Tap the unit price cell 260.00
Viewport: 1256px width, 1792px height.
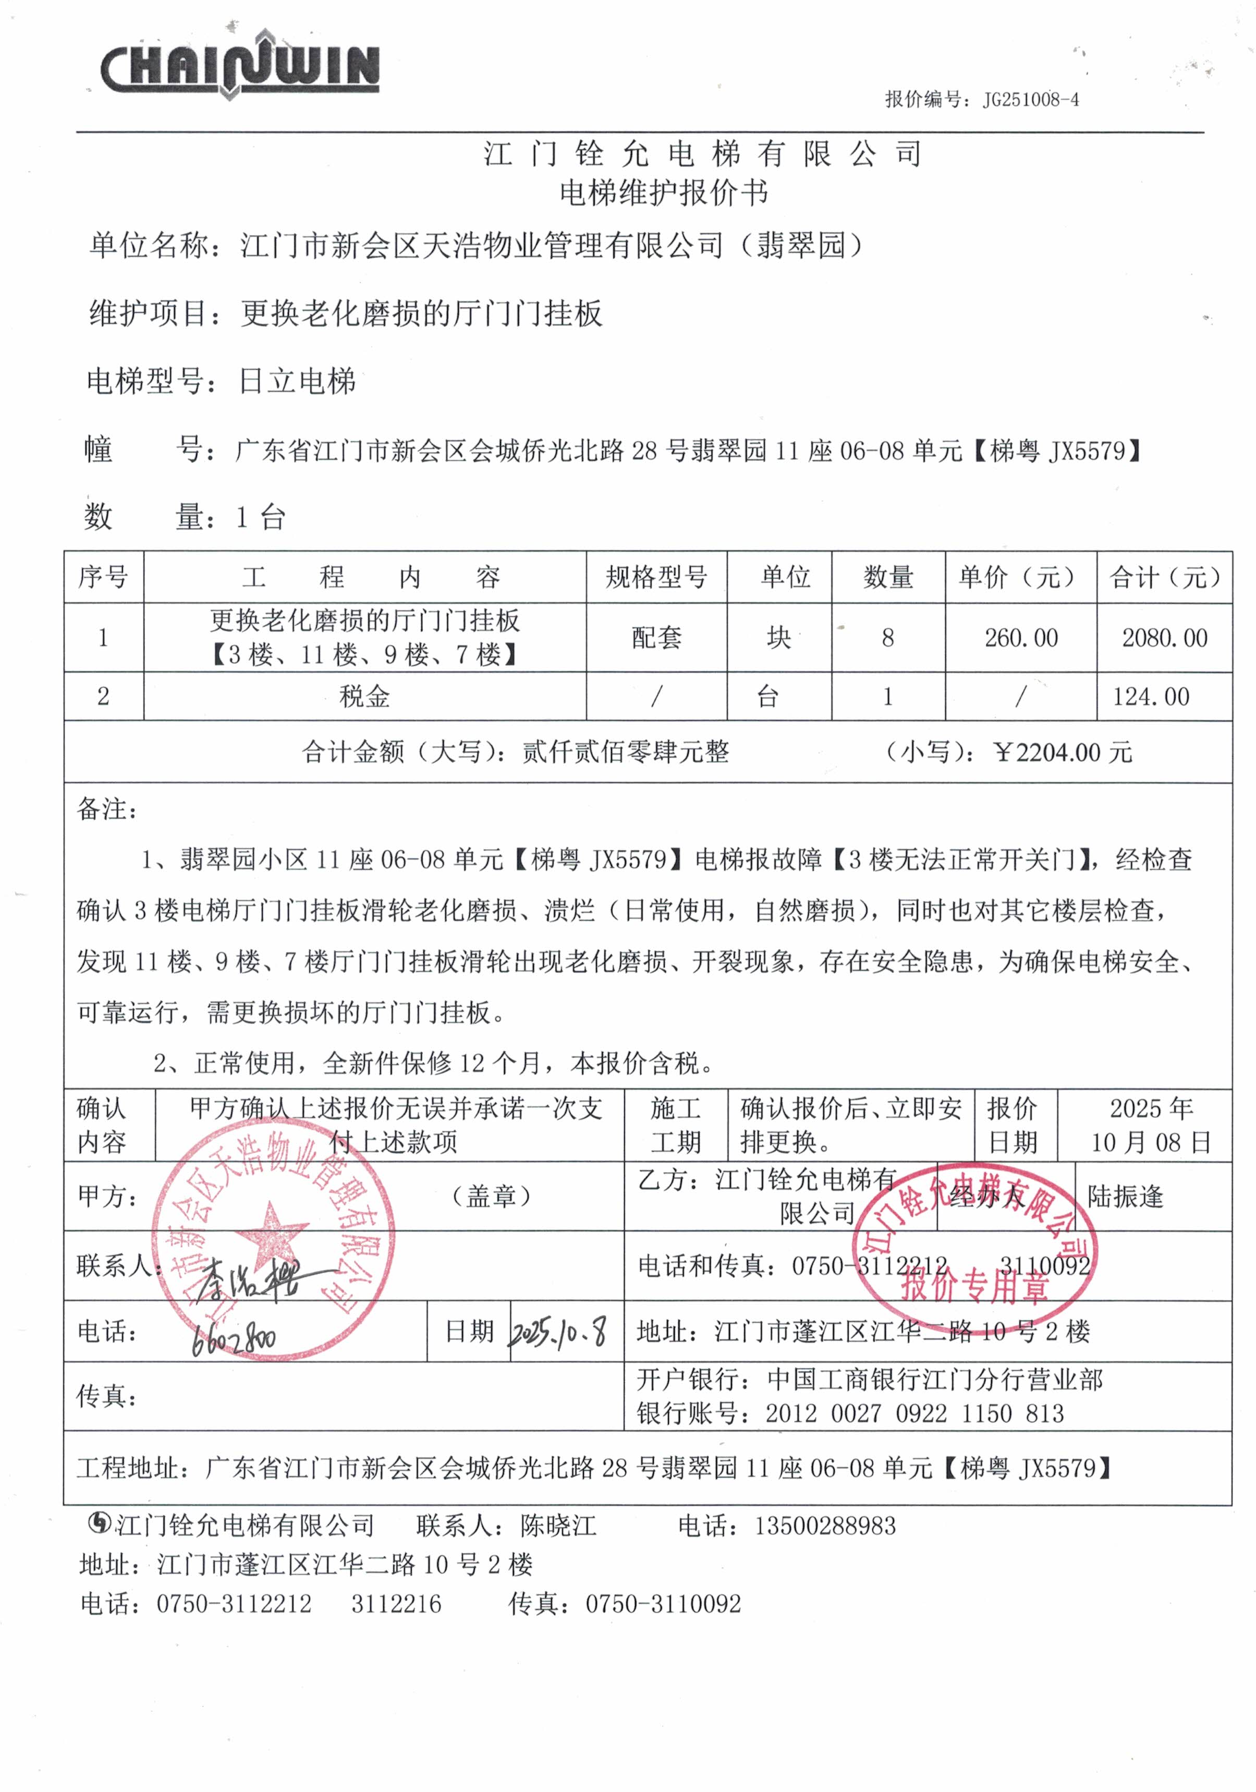pos(1020,638)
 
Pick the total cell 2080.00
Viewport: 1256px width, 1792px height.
pos(1164,638)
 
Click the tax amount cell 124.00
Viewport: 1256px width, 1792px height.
pos(1151,696)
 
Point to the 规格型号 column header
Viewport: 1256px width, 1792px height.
pos(656,578)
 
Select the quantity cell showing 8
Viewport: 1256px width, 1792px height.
pos(887,638)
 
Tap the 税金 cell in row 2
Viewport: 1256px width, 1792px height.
pos(364,696)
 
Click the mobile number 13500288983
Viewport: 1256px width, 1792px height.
pos(824,1526)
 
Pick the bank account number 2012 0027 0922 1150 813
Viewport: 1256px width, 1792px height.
pos(914,1413)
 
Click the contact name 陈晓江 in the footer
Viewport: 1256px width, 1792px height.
pos(558,1526)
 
